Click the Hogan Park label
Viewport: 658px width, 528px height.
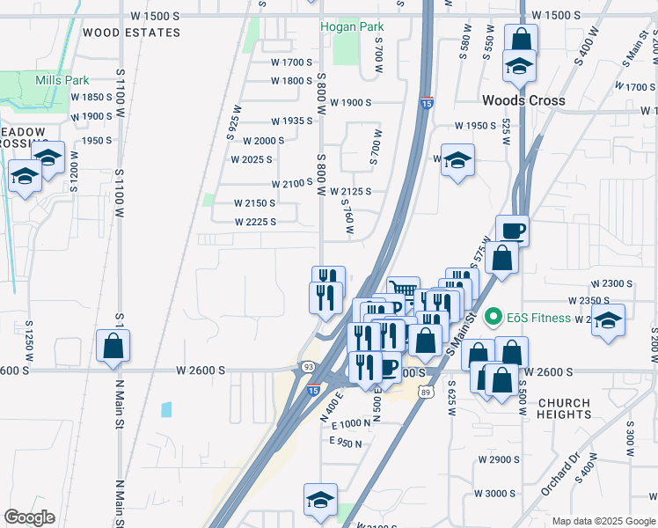click(351, 26)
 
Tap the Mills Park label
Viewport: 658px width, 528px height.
click(62, 80)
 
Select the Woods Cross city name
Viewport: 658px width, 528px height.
click(523, 100)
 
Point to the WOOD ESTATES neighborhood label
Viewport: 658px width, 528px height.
click(131, 33)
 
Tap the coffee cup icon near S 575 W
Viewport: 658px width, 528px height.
click(512, 231)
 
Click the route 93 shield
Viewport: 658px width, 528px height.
click(308, 366)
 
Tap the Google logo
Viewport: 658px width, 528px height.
click(29, 517)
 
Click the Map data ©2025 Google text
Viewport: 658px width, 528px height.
click(603, 521)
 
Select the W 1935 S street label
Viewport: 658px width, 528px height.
click(292, 121)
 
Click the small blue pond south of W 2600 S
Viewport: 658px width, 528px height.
click(167, 409)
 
